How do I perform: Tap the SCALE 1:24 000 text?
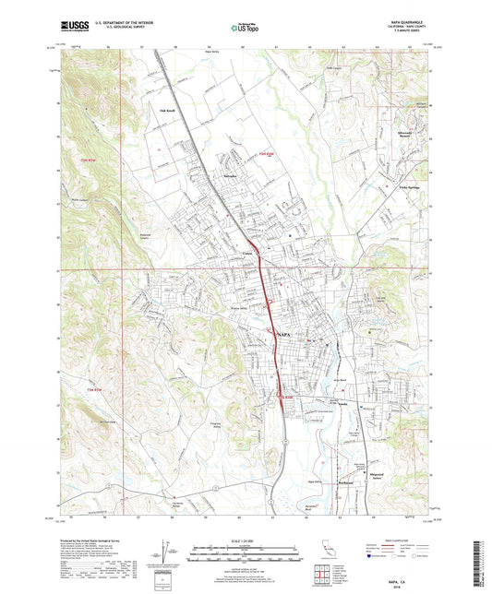click(x=245, y=541)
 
